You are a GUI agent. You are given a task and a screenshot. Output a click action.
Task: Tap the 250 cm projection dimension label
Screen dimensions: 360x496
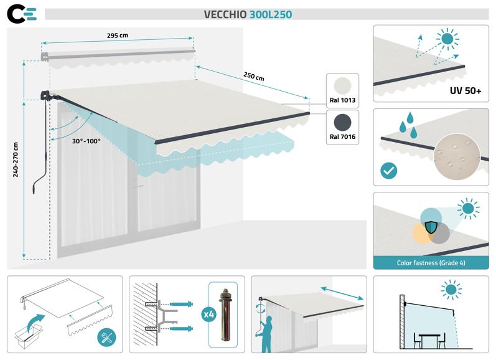click(253, 77)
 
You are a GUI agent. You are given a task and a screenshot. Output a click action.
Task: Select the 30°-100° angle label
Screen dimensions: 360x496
click(86, 141)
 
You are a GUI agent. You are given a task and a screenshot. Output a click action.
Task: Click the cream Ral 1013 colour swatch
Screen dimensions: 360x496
click(342, 86)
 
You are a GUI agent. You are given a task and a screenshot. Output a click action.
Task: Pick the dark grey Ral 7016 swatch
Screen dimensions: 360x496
click(342, 121)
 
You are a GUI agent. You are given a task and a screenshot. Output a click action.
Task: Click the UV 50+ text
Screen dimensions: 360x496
click(465, 91)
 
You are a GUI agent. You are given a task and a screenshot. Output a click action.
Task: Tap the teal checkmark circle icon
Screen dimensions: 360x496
click(388, 170)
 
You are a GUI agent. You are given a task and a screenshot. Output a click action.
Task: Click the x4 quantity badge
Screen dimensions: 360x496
click(209, 315)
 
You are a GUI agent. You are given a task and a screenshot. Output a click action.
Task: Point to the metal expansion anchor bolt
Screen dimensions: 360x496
click(226, 315)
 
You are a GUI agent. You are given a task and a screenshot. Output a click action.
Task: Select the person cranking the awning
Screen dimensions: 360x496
click(267, 333)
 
